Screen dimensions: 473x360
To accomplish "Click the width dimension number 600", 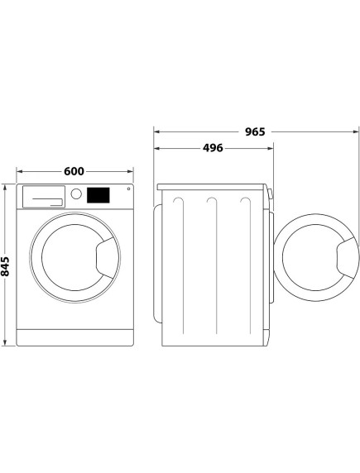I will click(74, 171).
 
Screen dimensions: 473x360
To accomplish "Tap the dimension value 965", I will click(257, 131).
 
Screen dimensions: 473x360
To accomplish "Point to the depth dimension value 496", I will click(211, 149).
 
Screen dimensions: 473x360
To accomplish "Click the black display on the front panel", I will click(98, 196).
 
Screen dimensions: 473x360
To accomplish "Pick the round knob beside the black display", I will click(77, 195).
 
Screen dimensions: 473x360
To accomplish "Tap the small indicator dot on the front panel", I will click(128, 191).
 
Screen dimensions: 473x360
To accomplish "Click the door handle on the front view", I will click(106, 256).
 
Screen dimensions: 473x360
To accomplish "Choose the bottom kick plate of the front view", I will click(75, 337).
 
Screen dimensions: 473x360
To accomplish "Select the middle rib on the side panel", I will click(213, 265).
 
